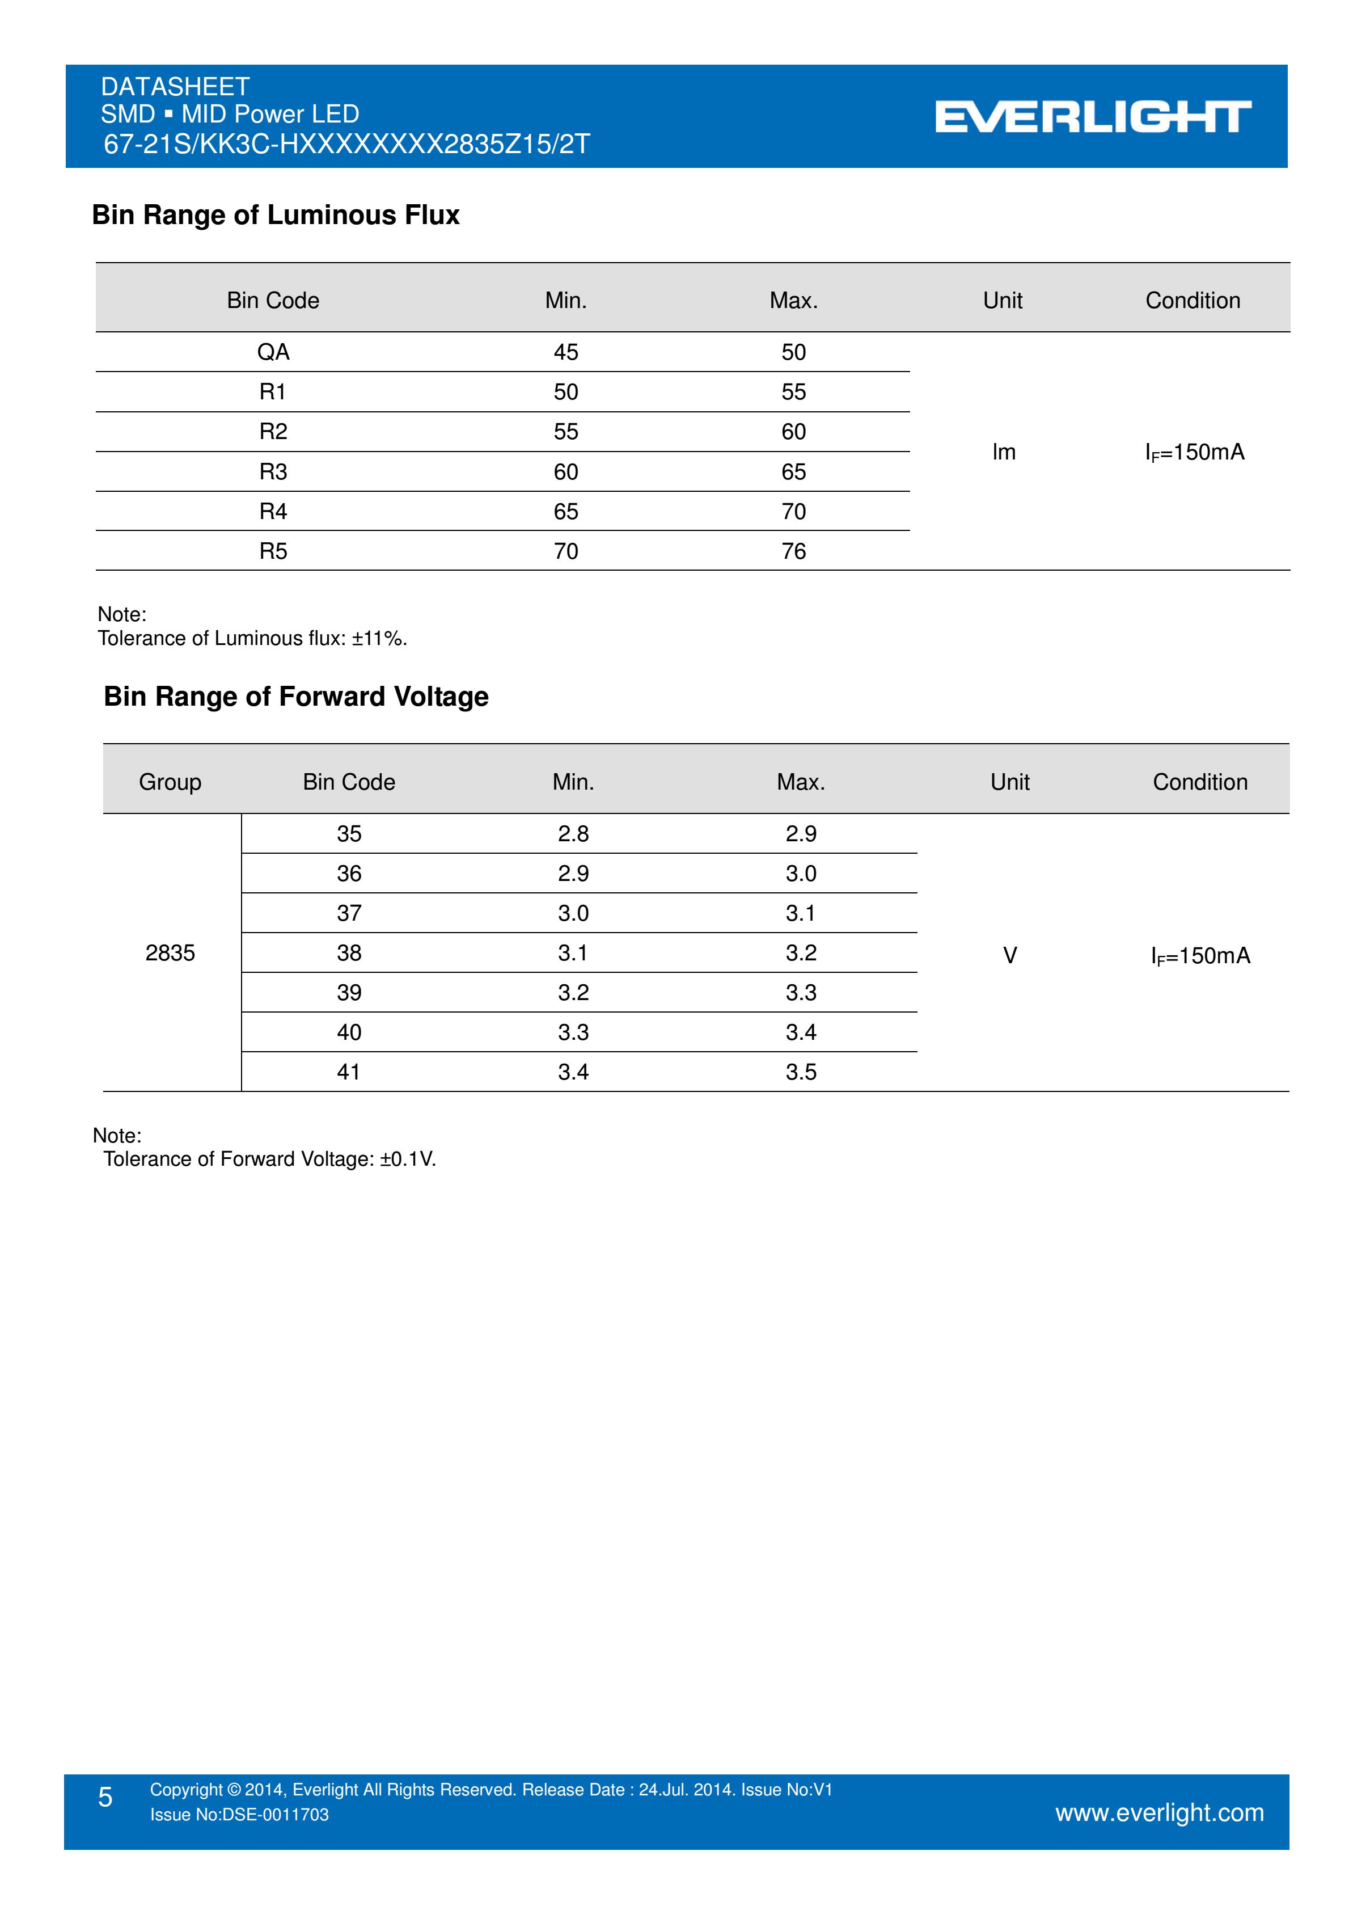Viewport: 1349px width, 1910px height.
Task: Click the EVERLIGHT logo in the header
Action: [1092, 117]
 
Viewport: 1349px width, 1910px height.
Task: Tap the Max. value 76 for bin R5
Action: [793, 551]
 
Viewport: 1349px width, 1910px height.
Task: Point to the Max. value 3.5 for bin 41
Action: [801, 1072]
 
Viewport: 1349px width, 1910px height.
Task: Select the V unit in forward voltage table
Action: [1010, 955]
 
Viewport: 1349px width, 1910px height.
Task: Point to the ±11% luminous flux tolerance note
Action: [252, 638]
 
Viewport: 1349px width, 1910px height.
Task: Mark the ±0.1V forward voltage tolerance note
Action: [269, 1159]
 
